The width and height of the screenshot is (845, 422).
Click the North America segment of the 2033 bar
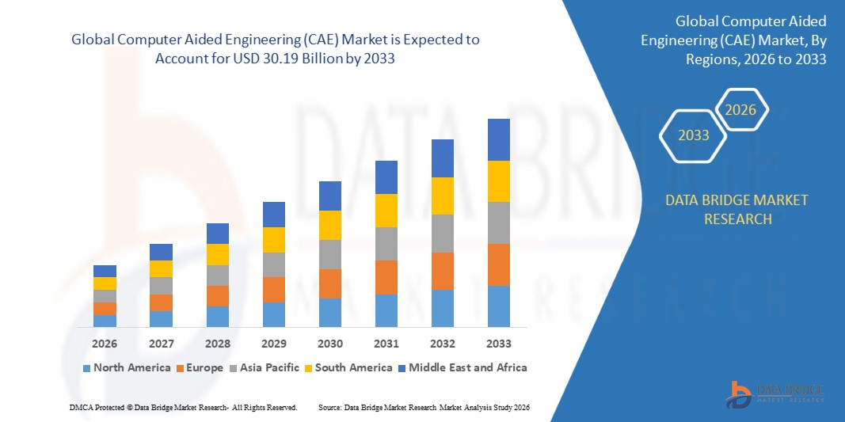(x=498, y=306)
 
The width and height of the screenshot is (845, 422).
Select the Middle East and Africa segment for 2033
(x=498, y=139)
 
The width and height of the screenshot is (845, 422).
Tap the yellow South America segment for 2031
(x=386, y=211)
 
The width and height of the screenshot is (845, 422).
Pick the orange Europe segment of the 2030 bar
(x=329, y=283)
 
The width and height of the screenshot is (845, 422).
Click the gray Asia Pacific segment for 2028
(x=217, y=276)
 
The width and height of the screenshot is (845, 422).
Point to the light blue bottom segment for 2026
(x=105, y=321)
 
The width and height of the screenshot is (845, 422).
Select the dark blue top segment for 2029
(x=273, y=215)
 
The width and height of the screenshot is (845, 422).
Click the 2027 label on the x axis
(x=161, y=344)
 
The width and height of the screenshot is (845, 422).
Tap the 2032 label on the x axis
(x=442, y=344)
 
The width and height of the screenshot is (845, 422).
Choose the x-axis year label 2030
(x=329, y=344)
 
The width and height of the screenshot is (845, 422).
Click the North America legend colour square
(x=86, y=368)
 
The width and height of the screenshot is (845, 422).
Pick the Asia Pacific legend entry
(x=265, y=367)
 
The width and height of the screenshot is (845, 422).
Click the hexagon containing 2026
(x=741, y=110)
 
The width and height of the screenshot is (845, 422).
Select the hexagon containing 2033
(x=693, y=135)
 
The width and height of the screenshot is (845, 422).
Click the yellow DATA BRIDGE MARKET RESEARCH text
(x=737, y=209)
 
